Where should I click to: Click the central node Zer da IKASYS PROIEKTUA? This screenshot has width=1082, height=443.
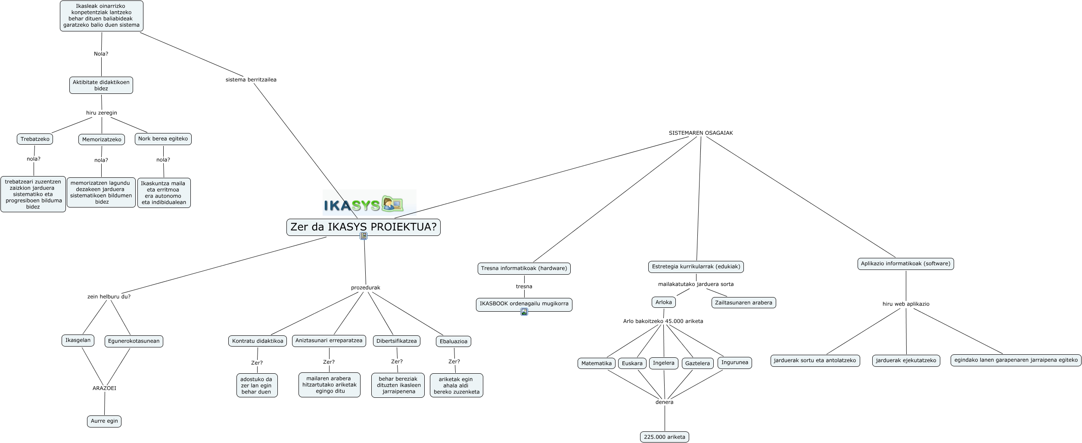(363, 227)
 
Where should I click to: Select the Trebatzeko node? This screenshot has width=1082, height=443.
(35, 139)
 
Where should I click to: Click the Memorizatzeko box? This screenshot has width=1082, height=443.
(102, 139)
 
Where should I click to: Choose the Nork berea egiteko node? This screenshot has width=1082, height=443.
(163, 139)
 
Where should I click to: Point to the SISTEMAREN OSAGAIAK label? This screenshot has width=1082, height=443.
(700, 133)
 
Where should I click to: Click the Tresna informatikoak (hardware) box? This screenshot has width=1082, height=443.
(524, 269)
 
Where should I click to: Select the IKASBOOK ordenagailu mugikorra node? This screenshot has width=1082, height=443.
(524, 304)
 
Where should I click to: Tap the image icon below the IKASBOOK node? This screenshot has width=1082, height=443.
(524, 312)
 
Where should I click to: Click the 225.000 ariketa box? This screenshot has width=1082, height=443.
(664, 437)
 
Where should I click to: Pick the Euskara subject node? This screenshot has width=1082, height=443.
(632, 363)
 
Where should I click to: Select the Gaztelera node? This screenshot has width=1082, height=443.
(697, 363)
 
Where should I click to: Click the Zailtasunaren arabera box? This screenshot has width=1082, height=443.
(743, 303)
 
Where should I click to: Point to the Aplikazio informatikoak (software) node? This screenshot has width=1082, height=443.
(905, 264)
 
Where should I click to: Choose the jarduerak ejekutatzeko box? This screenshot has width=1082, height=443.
(906, 360)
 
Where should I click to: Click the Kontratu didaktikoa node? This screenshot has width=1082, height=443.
(258, 341)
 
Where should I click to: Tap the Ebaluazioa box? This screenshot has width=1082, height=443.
(453, 341)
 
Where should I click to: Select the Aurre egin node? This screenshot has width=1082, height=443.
(104, 421)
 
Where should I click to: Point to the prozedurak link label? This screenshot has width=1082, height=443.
(365, 288)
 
